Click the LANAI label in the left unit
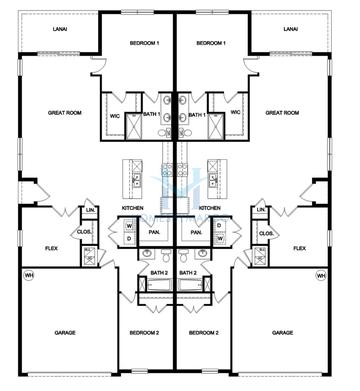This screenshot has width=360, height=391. click(x=60, y=30)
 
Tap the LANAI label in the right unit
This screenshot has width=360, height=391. click(x=290, y=30)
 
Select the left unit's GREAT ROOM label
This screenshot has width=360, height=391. click(x=64, y=113)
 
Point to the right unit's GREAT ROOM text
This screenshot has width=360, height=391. click(x=282, y=113)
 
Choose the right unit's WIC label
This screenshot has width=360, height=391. click(x=236, y=112)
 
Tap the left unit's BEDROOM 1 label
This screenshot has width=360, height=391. click(x=145, y=44)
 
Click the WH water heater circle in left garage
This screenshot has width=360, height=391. click(x=29, y=275)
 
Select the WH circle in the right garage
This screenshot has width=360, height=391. click(x=321, y=275)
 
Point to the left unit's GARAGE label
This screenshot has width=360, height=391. click(x=64, y=332)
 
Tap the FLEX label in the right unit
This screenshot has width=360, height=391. click(x=298, y=247)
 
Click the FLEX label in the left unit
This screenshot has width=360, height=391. click(x=52, y=247)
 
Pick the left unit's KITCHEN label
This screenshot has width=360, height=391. click(x=133, y=208)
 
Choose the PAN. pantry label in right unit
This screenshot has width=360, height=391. click(x=196, y=232)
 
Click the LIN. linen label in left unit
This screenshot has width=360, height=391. click(x=90, y=210)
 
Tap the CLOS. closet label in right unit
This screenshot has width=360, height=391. click(x=266, y=234)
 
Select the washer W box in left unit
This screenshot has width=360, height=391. click(x=129, y=226)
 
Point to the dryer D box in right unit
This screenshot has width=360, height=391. click(x=221, y=238)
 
